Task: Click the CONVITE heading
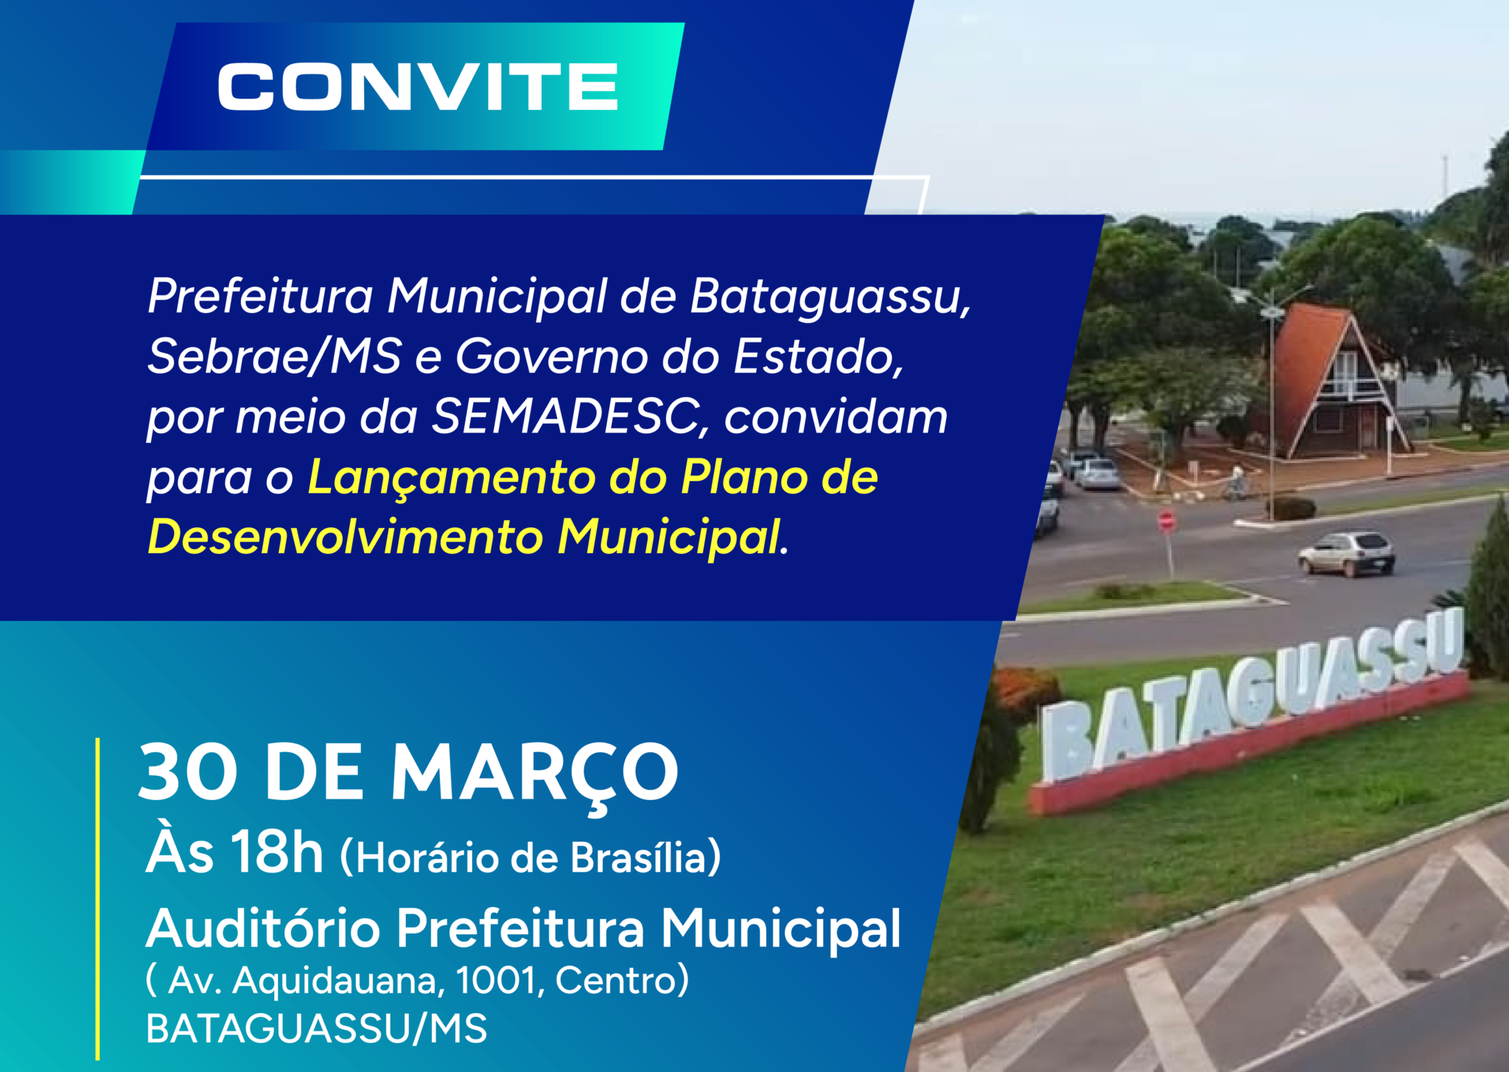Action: coord(418,87)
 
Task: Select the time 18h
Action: coord(277,852)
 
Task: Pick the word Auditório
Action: coord(263,928)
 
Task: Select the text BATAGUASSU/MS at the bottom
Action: coord(317,1029)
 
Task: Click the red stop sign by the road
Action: coord(1166,522)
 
